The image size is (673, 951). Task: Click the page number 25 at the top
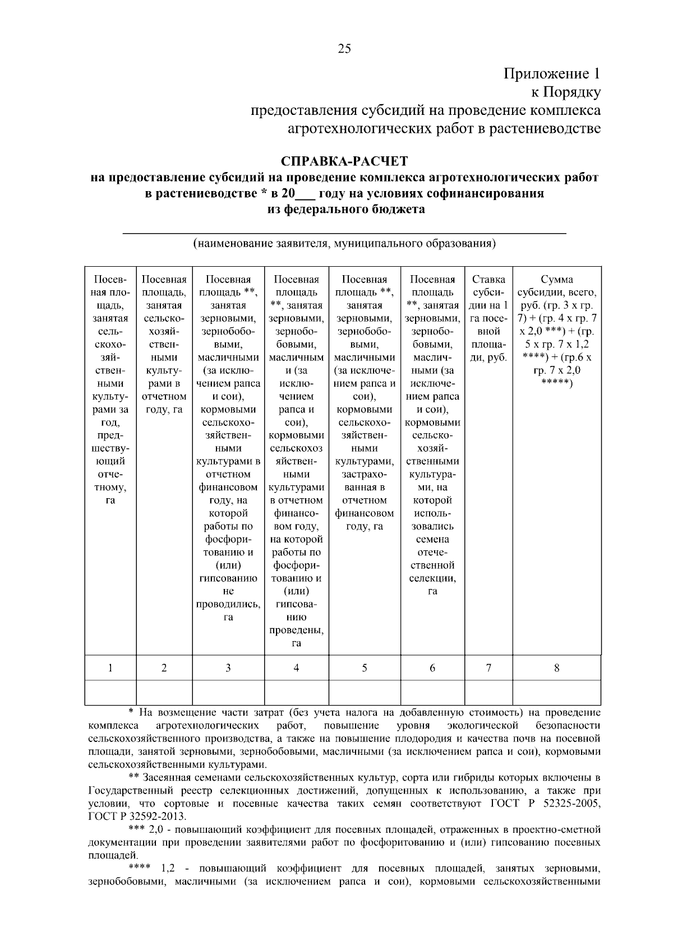(x=344, y=49)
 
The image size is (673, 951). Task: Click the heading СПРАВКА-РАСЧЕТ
(x=344, y=161)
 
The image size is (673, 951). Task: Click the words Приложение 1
(x=552, y=74)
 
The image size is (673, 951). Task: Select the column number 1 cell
(x=110, y=667)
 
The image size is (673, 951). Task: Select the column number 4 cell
(x=296, y=667)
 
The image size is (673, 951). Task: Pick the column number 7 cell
(x=488, y=667)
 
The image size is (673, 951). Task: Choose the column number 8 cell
(x=556, y=667)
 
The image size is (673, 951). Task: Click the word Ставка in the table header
(x=488, y=279)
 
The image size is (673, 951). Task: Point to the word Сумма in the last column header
(x=556, y=279)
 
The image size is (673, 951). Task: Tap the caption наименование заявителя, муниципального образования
(x=344, y=244)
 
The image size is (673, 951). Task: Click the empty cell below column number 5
(x=365, y=692)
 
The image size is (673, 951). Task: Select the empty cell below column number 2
(x=164, y=692)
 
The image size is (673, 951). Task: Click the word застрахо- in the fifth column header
(x=365, y=474)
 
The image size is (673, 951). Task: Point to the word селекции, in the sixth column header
(x=432, y=578)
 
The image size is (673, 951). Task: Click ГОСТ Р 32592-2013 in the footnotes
(x=137, y=816)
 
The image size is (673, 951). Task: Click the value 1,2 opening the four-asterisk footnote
(x=168, y=869)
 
